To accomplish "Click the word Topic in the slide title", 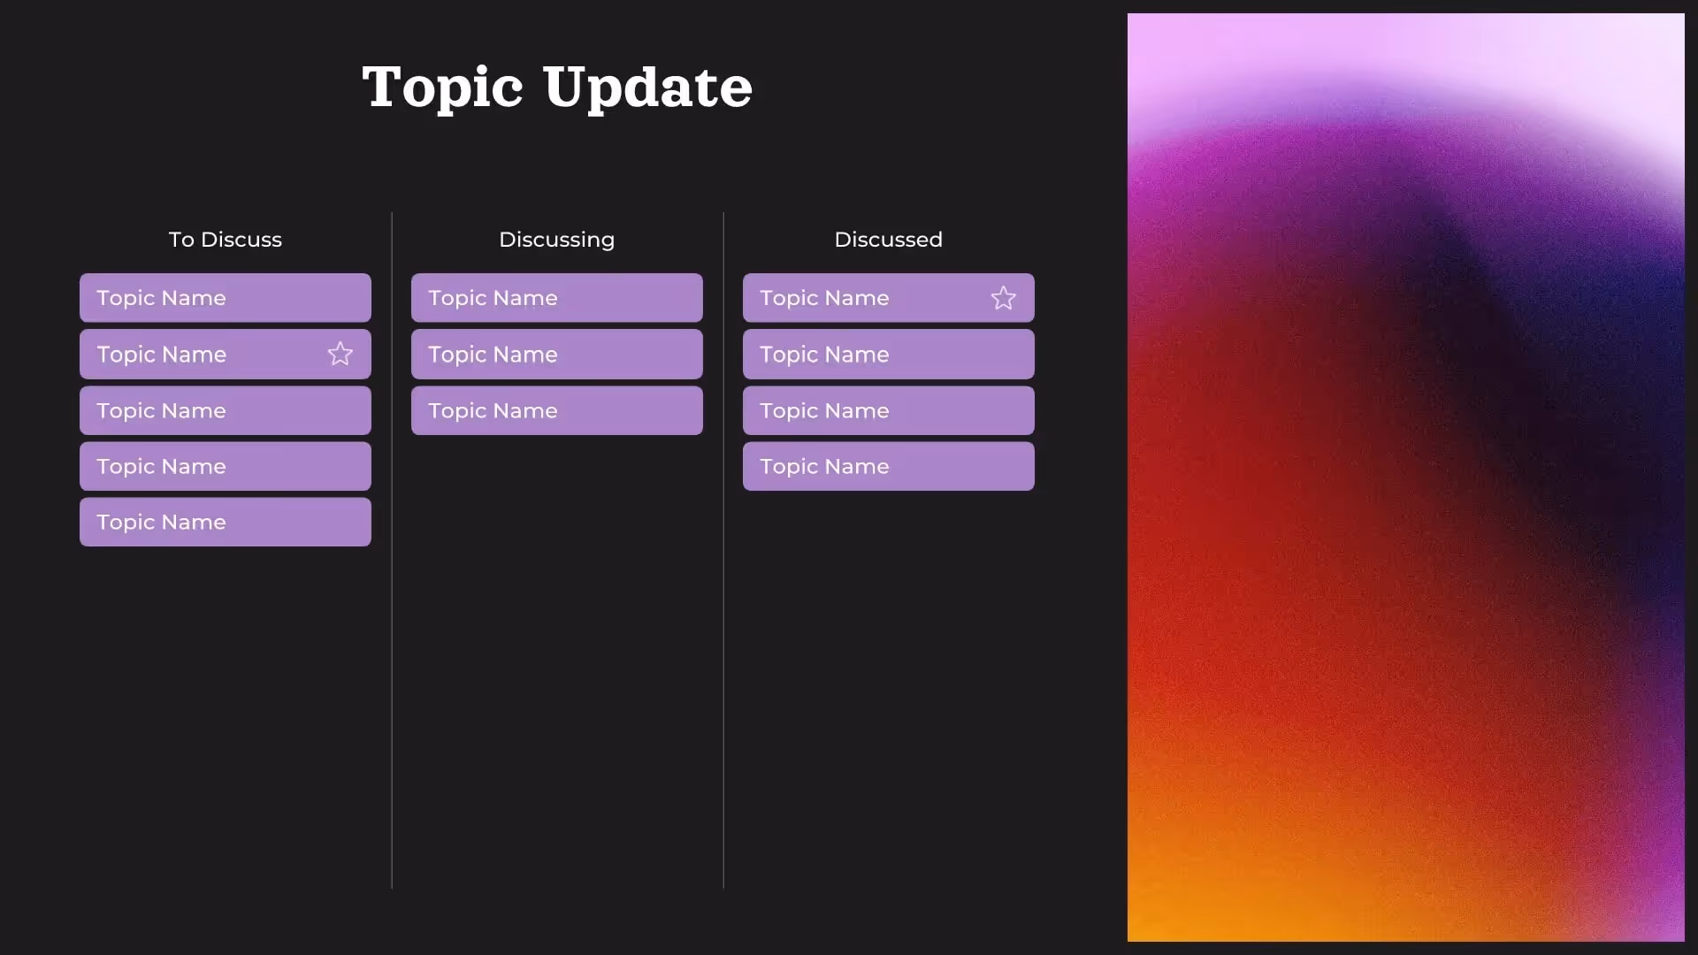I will pyautogui.click(x=442, y=88).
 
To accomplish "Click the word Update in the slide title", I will pyautogui.click(x=647, y=88).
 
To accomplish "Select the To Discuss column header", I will pyautogui.click(x=225, y=240).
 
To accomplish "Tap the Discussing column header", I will pyautogui.click(x=556, y=240).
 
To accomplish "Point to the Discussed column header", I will pyautogui.click(x=888, y=240).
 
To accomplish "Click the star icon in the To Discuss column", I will pyautogui.click(x=340, y=355).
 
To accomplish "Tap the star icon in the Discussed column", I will pyautogui.click(x=1003, y=298).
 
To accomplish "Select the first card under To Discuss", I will pyautogui.click(x=225, y=298).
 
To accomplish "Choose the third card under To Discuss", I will pyautogui.click(x=225, y=410).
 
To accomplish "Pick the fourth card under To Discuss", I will pyautogui.click(x=225, y=466).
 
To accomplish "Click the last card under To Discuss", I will pyautogui.click(x=225, y=522).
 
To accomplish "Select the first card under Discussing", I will pyautogui.click(x=556, y=298).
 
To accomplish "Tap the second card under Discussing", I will pyautogui.click(x=556, y=355).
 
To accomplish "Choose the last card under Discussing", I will pyautogui.click(x=556, y=410).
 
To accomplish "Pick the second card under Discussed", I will pyautogui.click(x=888, y=355).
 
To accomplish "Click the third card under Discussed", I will pyautogui.click(x=888, y=410).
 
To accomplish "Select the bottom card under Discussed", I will pyautogui.click(x=888, y=466).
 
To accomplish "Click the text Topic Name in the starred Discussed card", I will pyautogui.click(x=824, y=298).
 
